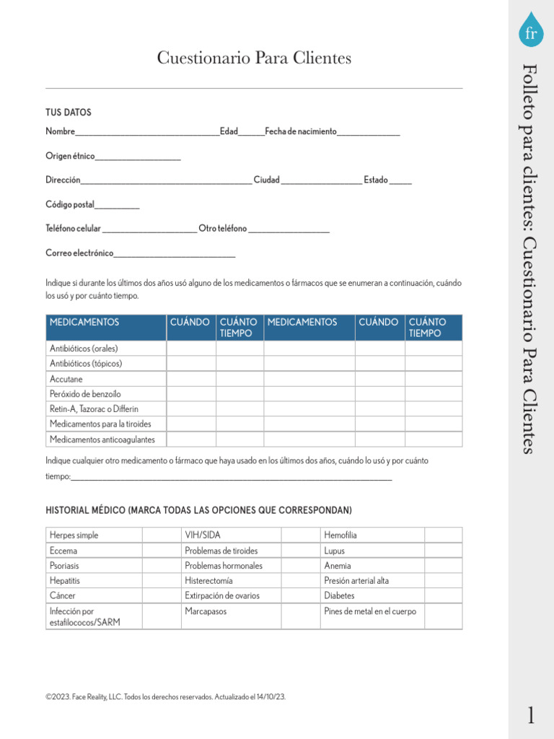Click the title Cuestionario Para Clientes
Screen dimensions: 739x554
pyautogui.click(x=254, y=58)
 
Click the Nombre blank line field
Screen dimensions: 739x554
pyautogui.click(x=147, y=132)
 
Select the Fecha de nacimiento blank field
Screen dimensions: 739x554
pyautogui.click(x=368, y=132)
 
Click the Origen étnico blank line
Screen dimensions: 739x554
pyautogui.click(x=138, y=157)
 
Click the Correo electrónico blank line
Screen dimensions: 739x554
pyautogui.click(x=175, y=254)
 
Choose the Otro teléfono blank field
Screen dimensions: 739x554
pyautogui.click(x=289, y=229)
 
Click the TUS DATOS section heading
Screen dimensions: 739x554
pyautogui.click(x=69, y=113)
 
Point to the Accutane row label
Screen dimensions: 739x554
pyautogui.click(x=66, y=379)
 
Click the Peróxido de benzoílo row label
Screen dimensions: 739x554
pyautogui.click(x=85, y=394)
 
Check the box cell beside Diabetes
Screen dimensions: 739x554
pyautogui.click(x=443, y=595)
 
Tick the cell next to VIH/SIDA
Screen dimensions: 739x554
pyautogui.click(x=301, y=535)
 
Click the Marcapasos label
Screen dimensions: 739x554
pyautogui.click(x=206, y=611)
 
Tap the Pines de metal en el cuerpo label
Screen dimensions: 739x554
pyautogui.click(x=370, y=611)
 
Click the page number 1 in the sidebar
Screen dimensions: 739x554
pyautogui.click(x=531, y=715)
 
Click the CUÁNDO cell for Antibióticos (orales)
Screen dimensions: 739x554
pyautogui.click(x=191, y=349)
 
